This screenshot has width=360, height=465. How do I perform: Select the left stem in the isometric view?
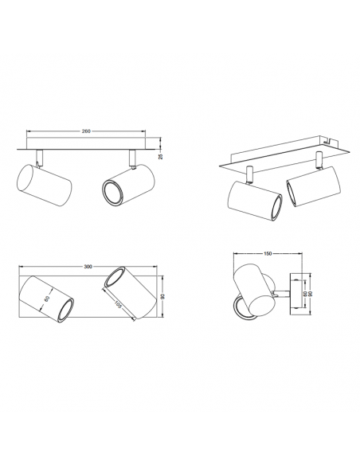coord(252,174)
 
